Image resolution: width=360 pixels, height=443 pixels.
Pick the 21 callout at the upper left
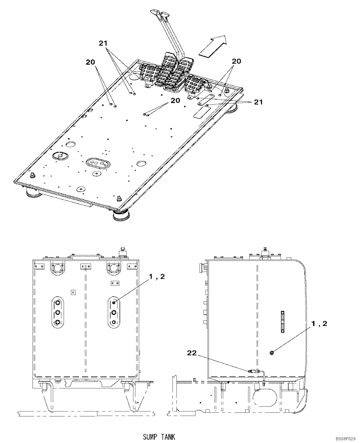pyautogui.click(x=103, y=43)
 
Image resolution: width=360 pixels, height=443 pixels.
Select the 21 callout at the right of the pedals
pyautogui.click(x=258, y=102)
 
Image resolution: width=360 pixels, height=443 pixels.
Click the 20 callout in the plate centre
pyautogui.click(x=175, y=101)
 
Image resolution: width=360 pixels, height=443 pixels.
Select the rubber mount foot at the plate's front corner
pyautogui.click(x=120, y=216)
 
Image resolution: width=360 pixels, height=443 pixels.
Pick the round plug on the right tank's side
pyautogui.click(x=271, y=353)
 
